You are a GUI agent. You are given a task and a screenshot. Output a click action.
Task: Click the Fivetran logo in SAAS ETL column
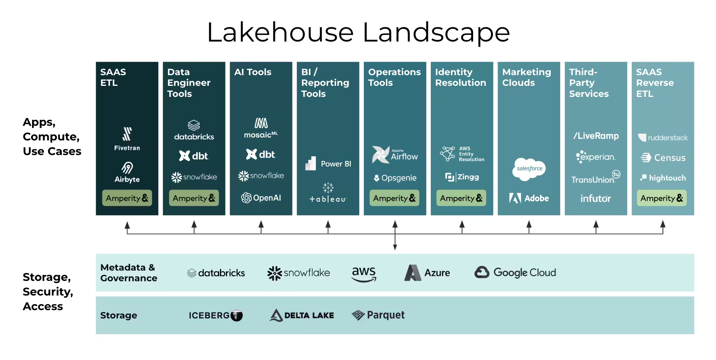[x=127, y=139]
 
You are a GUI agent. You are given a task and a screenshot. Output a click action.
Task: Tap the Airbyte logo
[x=127, y=172]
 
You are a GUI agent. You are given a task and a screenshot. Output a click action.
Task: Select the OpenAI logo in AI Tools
[x=261, y=198]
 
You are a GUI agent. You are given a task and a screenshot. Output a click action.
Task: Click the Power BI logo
[x=328, y=163]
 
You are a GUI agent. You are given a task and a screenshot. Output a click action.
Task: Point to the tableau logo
[x=328, y=193]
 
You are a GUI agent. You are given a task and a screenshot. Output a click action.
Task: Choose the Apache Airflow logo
[x=395, y=155]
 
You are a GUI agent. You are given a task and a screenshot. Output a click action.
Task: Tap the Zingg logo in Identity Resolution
[x=462, y=177]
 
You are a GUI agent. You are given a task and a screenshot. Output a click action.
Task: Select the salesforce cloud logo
[x=529, y=169]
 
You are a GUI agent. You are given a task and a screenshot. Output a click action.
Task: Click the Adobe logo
[x=529, y=198]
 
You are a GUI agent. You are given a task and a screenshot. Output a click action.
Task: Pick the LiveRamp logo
[x=596, y=136]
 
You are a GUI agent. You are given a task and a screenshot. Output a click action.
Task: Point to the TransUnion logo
[x=596, y=178]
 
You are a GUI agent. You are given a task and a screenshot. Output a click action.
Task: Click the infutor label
[x=596, y=198]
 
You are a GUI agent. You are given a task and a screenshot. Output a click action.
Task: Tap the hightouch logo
[x=663, y=178]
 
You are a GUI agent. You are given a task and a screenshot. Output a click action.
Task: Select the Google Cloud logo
[x=515, y=273]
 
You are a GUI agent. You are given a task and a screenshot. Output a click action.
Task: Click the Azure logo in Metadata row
[x=427, y=273]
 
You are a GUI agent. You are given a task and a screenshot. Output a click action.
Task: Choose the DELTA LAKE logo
[x=302, y=315]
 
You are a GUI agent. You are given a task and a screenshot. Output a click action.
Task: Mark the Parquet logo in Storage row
[x=378, y=315]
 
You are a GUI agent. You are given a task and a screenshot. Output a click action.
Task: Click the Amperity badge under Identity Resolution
[x=461, y=198]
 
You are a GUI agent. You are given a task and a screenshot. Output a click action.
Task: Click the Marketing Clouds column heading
[x=527, y=77]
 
